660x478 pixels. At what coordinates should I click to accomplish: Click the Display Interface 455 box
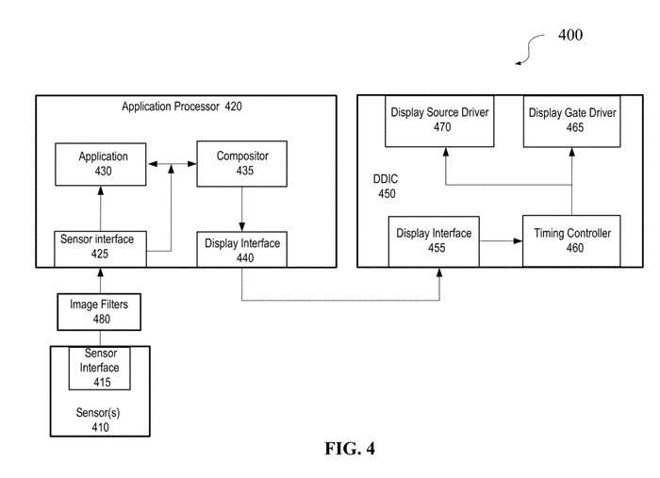434,240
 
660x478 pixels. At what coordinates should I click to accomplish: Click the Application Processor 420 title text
182,107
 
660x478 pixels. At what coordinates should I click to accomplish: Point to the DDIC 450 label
388,187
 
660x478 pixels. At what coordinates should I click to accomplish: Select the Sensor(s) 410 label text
100,420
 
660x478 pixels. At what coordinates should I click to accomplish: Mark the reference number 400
570,36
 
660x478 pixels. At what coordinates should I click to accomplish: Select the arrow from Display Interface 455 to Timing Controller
501,241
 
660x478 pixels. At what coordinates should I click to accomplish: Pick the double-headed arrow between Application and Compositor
171,167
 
